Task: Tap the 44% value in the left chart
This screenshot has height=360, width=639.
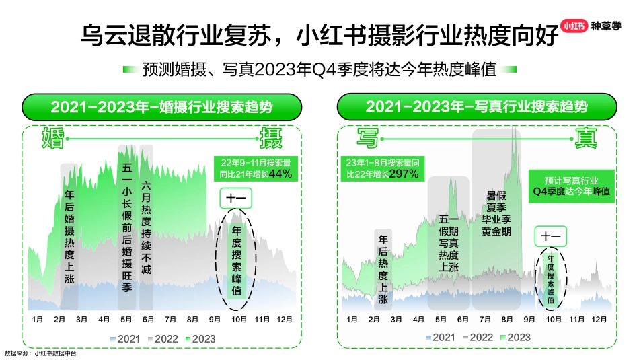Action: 280,174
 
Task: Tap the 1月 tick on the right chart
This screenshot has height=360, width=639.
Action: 352,319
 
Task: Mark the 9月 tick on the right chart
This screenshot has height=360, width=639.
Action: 529,319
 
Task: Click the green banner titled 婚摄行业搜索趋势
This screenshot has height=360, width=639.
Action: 162,107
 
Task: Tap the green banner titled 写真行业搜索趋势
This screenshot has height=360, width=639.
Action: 477,107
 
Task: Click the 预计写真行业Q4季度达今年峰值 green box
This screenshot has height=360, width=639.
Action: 571,186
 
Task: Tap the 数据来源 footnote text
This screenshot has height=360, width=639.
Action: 40,353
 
